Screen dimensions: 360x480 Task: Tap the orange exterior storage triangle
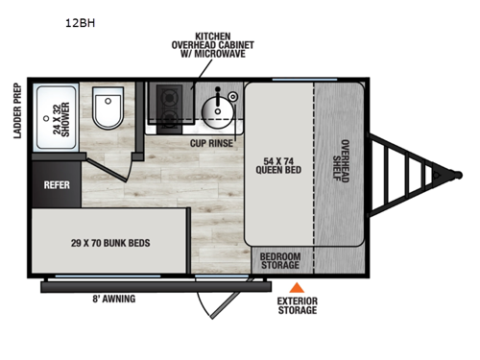click(299, 287)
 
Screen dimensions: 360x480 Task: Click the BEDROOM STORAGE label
click(279, 261)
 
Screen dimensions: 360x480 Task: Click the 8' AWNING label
click(115, 299)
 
